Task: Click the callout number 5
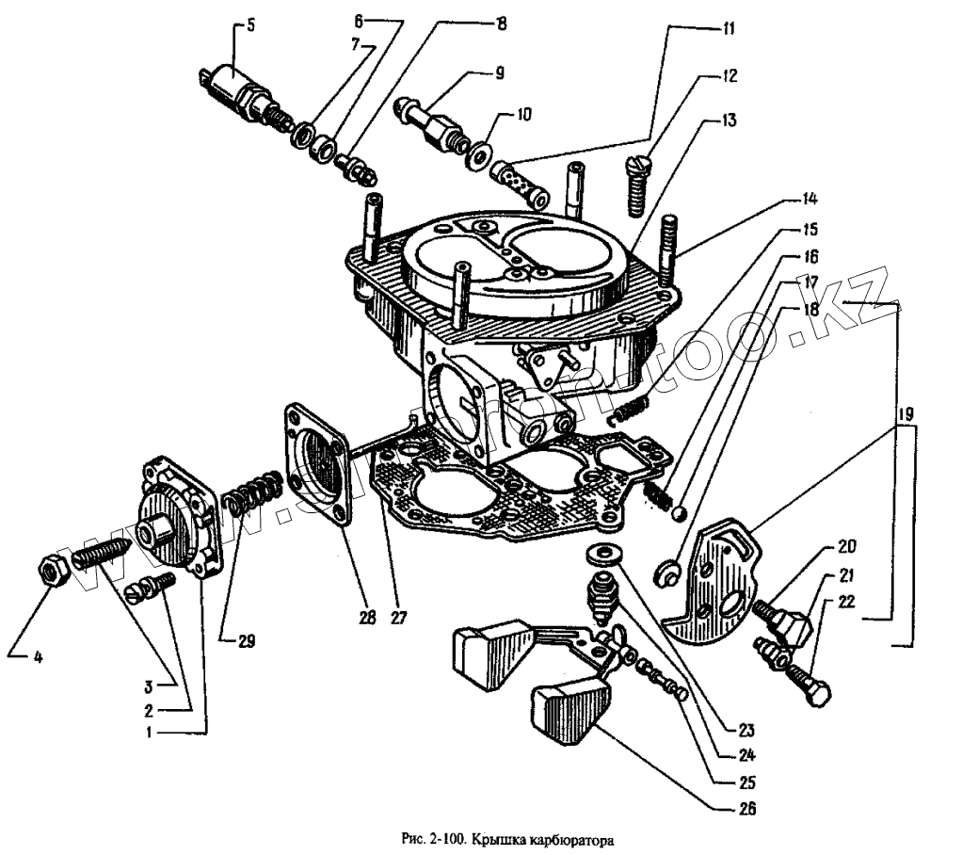click(x=250, y=26)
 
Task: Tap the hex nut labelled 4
click(x=51, y=570)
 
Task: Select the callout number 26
click(x=748, y=808)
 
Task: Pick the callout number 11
click(x=728, y=29)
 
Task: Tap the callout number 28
click(x=367, y=618)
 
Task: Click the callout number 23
click(x=746, y=729)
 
